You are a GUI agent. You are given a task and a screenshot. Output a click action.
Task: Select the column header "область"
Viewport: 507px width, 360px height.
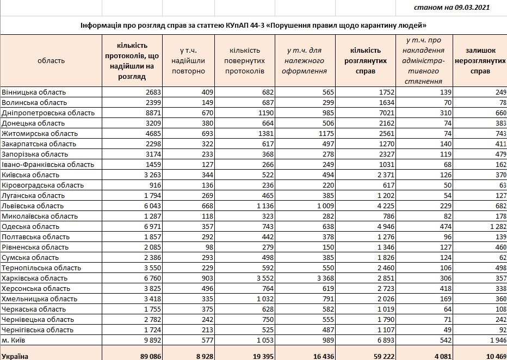click(51, 61)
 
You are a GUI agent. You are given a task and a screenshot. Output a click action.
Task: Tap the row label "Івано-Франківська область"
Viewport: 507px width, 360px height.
click(48, 164)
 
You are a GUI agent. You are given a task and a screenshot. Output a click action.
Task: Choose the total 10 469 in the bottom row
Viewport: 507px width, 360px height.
click(492, 356)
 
